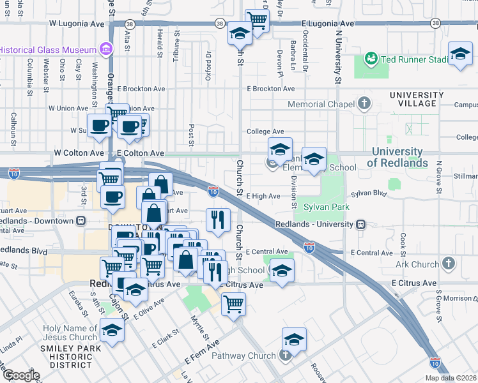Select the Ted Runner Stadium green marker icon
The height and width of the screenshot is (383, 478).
[x=369, y=59]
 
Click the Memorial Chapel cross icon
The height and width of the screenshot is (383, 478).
[x=364, y=103]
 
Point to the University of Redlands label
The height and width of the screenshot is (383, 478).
[x=397, y=157]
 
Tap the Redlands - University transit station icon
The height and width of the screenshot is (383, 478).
[x=362, y=224]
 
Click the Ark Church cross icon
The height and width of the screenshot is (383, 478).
[x=449, y=263]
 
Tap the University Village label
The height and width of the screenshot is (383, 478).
[x=417, y=100]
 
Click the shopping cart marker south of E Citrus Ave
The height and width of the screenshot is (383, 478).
[x=233, y=303]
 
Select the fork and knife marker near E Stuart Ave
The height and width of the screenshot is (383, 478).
[x=218, y=220]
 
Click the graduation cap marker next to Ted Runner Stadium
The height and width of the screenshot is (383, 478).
[x=459, y=54]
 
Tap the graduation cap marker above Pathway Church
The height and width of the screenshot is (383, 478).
[x=294, y=339]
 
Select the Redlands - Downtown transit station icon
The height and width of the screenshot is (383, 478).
[x=81, y=220]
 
